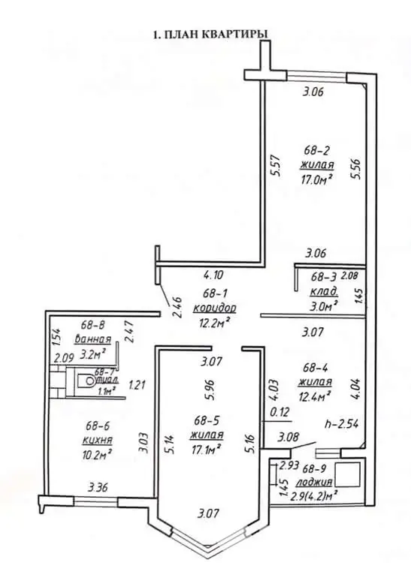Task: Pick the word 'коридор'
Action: (x=214, y=308)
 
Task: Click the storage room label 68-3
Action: (x=325, y=278)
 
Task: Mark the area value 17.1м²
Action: (x=207, y=449)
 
